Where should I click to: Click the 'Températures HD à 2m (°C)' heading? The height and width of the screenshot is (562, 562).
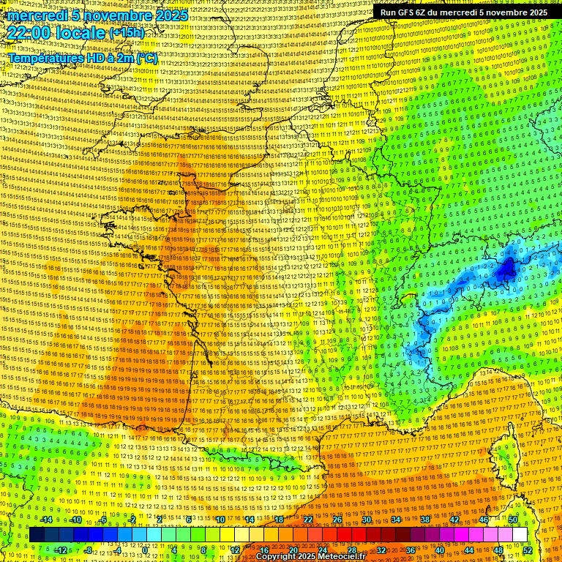coord(82,58)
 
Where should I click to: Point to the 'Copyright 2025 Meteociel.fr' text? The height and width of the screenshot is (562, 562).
coord(310,556)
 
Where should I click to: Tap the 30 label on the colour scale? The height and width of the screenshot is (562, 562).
coord(367,520)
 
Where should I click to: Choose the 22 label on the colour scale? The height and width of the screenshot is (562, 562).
coord(308,520)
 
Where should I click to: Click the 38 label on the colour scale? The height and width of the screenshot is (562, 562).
coord(425,520)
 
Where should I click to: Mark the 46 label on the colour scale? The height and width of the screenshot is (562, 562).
coord(484,520)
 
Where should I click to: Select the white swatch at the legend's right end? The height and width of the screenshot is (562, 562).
coord(520,535)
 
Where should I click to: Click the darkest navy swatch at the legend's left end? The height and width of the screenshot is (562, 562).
coord(37,535)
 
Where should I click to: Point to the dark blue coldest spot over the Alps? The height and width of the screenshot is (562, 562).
coord(506,269)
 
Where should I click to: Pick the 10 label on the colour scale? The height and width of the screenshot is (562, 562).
coord(220,520)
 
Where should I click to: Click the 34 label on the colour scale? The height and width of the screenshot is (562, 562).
coord(396,520)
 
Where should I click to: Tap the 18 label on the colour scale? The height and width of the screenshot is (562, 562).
coord(279,520)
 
